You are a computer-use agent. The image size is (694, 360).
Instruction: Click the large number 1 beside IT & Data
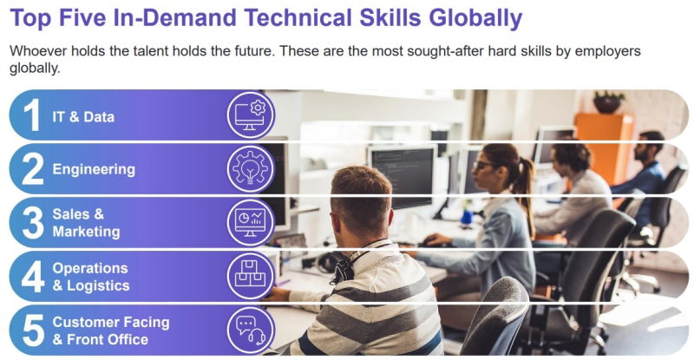[32, 115]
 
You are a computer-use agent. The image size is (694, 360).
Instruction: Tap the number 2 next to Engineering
[33, 168]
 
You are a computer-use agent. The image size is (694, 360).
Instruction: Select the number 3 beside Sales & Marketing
[33, 223]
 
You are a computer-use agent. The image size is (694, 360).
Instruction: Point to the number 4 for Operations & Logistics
[33, 277]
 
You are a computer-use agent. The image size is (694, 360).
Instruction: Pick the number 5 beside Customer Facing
[33, 331]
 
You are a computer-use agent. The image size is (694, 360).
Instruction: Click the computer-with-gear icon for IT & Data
[251, 115]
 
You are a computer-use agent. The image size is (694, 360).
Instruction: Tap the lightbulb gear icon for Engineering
[251, 168]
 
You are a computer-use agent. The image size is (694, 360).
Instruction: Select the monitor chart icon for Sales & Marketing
[251, 223]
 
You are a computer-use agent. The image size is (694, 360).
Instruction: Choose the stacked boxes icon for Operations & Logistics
[251, 277]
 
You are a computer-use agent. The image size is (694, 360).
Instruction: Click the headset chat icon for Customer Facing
[251, 331]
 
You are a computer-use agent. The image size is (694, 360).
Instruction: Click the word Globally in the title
[475, 18]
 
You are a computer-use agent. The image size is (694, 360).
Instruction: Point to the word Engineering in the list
[94, 170]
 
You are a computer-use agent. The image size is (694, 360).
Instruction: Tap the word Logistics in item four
[98, 286]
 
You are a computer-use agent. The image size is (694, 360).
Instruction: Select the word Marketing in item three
[86, 232]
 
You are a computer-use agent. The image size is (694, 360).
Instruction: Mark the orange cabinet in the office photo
[604, 147]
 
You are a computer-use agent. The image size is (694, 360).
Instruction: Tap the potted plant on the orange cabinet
[609, 102]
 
